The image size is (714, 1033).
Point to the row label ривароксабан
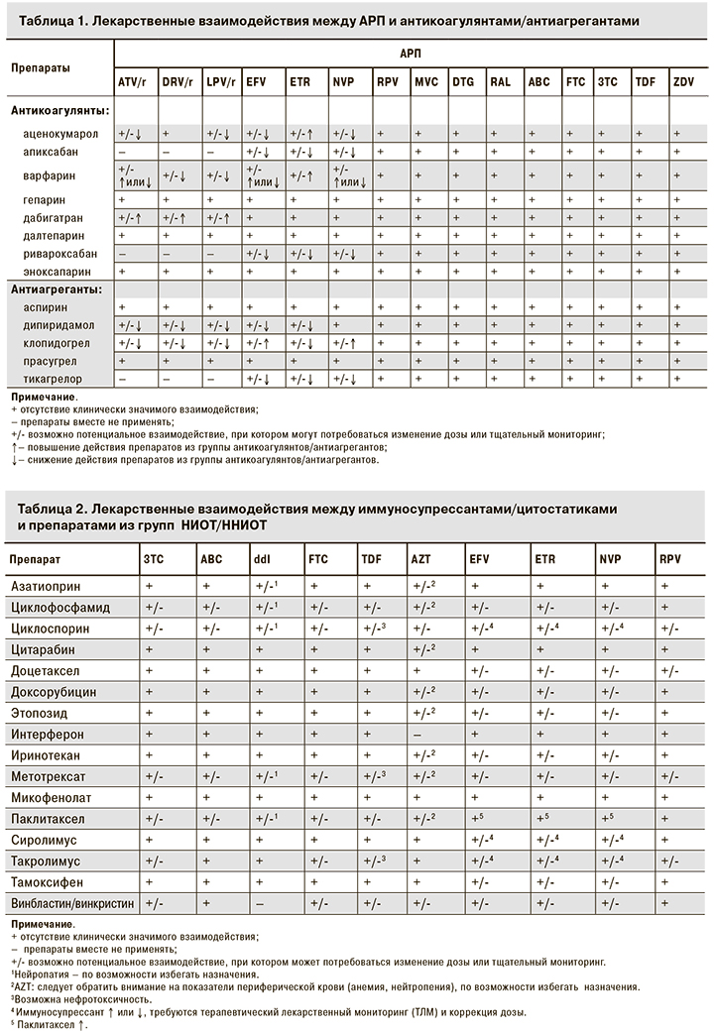pyautogui.click(x=61, y=253)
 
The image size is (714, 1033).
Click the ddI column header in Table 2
pyautogui.click(x=262, y=560)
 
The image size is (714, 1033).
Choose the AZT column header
pyautogui.click(x=420, y=560)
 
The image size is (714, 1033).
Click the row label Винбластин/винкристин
pyautogui.click(x=71, y=904)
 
